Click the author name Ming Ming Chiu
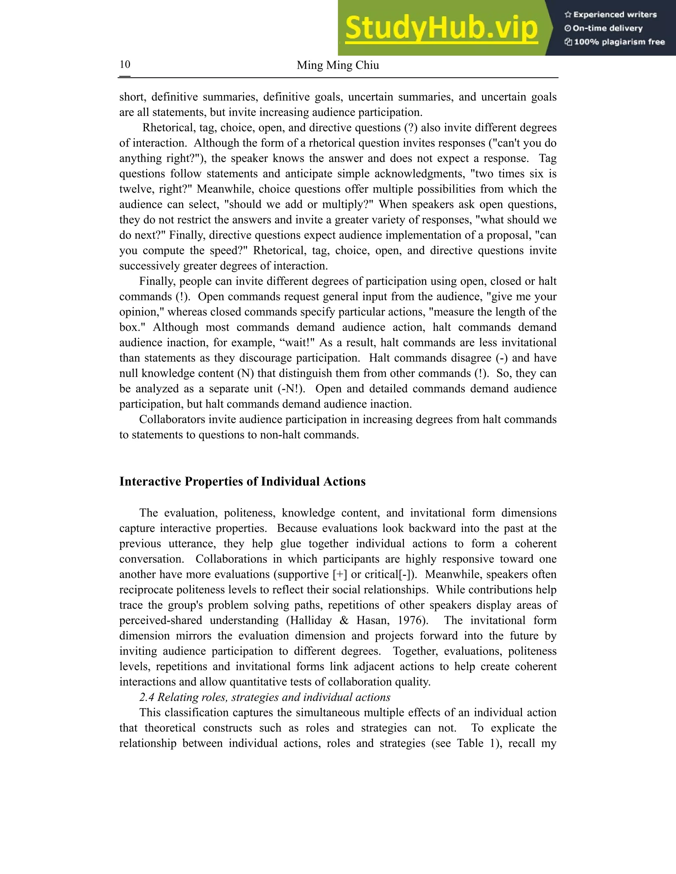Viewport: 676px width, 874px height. click(338, 65)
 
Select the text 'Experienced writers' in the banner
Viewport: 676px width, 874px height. click(615, 15)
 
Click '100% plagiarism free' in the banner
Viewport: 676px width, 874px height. click(619, 42)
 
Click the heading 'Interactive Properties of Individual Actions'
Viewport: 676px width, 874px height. click(242, 482)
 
